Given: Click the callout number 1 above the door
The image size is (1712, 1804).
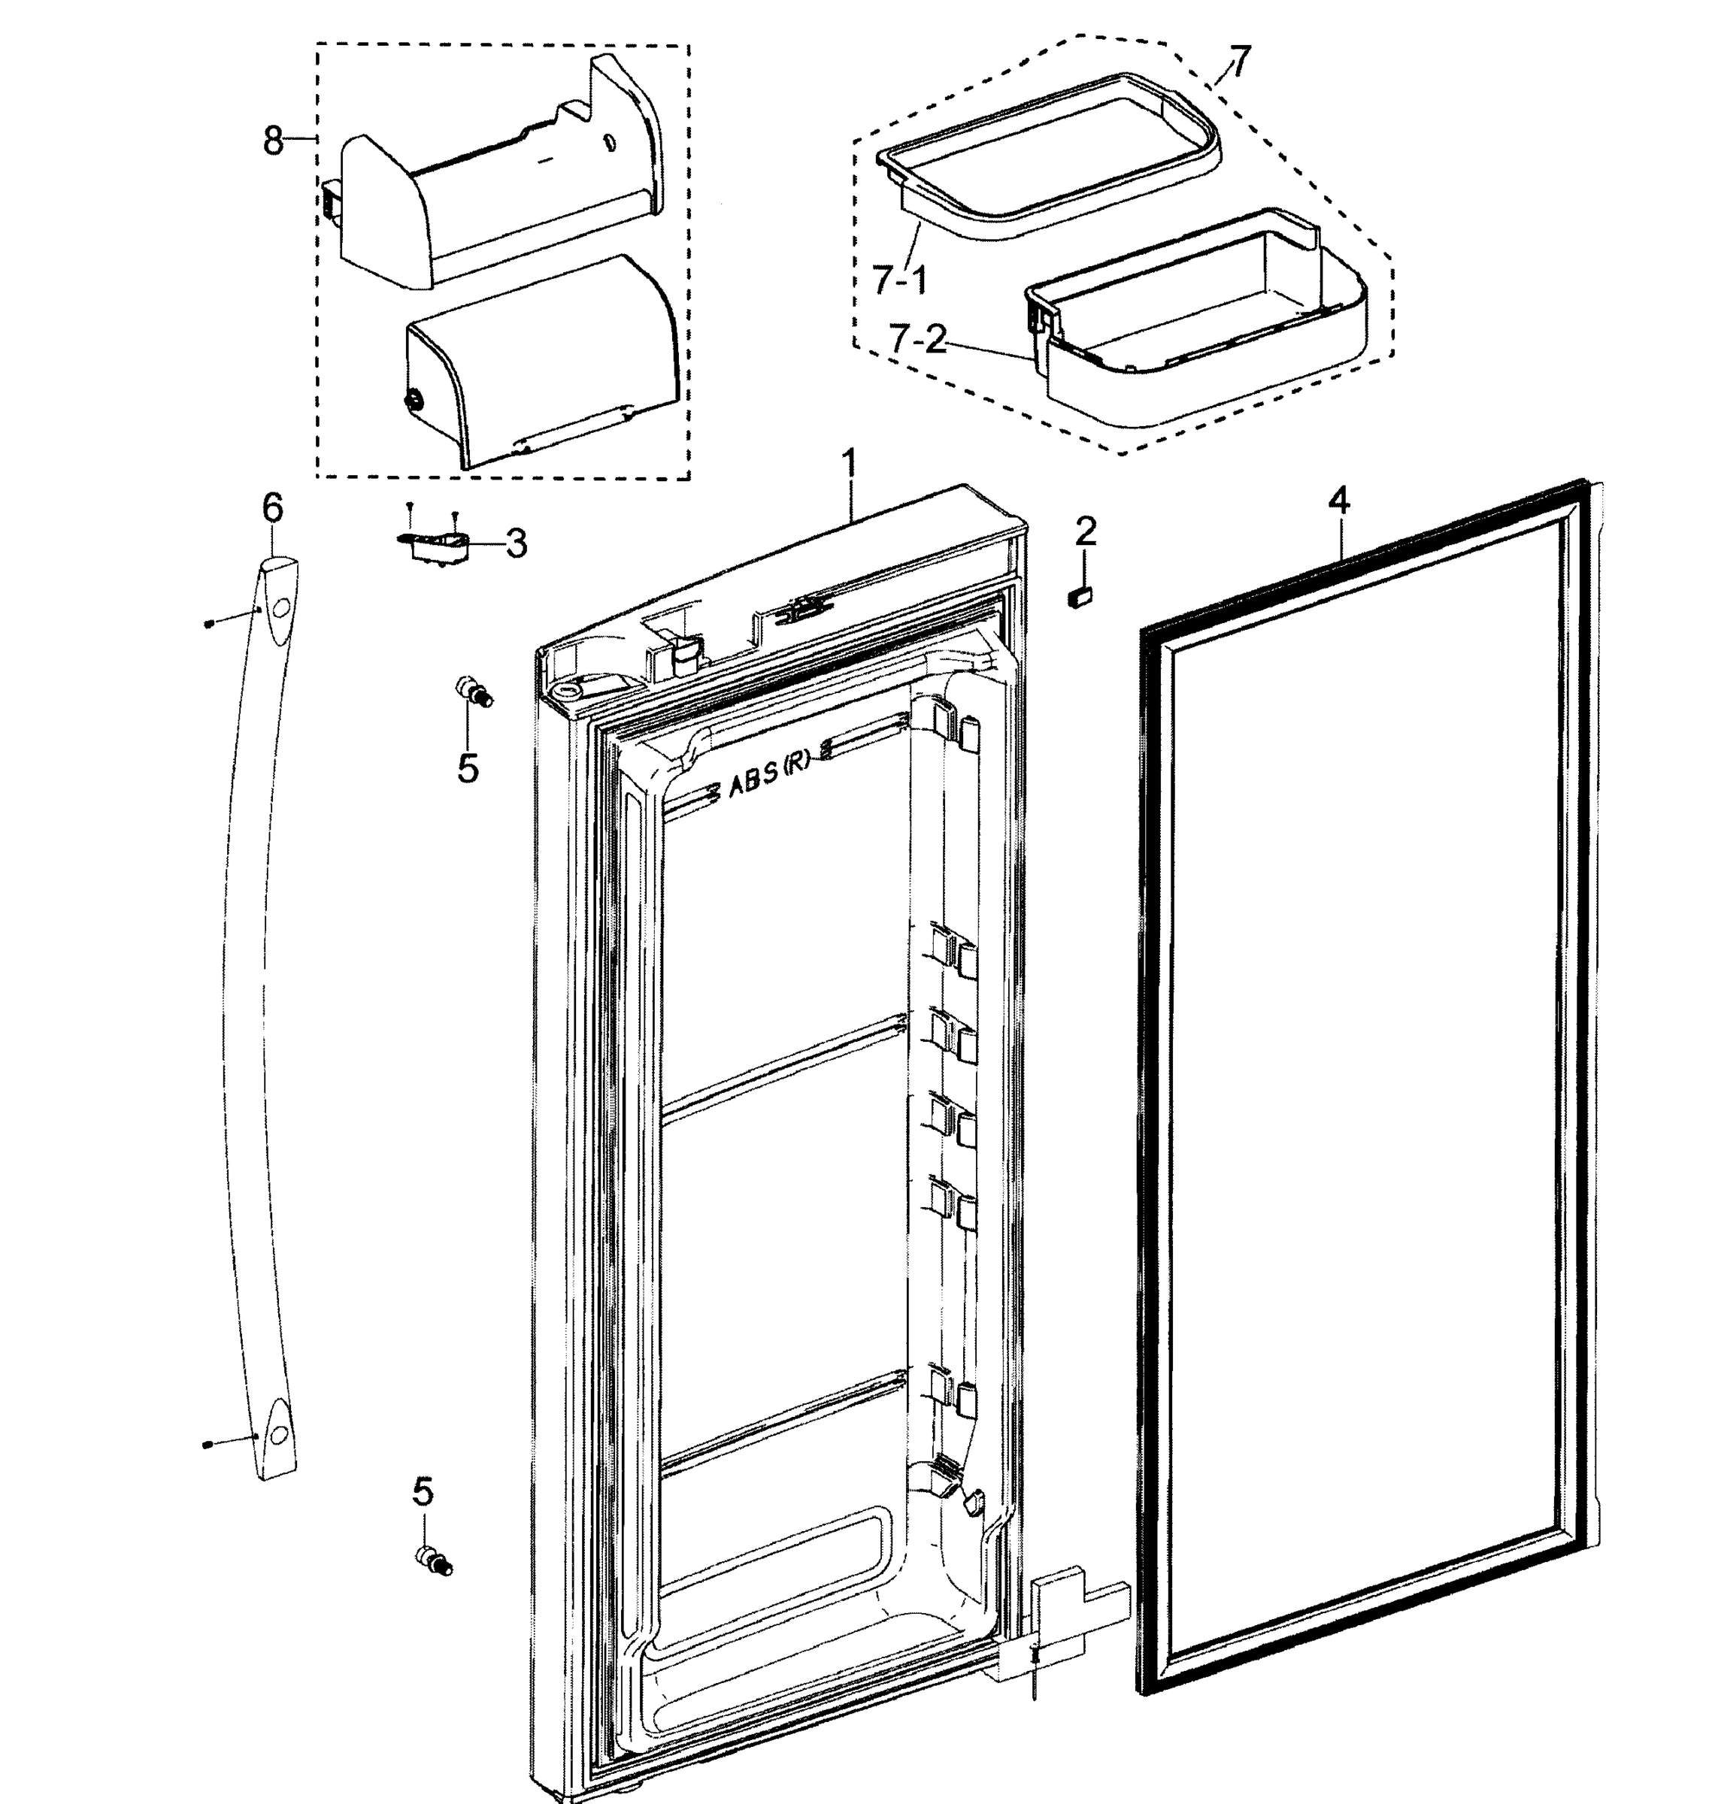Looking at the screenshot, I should tap(850, 465).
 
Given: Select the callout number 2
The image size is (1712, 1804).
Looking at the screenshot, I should tap(1085, 532).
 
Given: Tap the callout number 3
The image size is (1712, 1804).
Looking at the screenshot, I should tap(517, 544).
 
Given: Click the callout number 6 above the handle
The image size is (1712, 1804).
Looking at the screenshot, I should tap(273, 507).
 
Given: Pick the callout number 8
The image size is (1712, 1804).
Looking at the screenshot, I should tap(273, 141).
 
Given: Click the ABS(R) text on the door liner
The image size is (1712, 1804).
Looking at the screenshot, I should tap(769, 785).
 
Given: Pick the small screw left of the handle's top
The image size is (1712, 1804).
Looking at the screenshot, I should tap(209, 623).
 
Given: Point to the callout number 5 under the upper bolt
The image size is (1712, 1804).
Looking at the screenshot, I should tap(467, 768).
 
